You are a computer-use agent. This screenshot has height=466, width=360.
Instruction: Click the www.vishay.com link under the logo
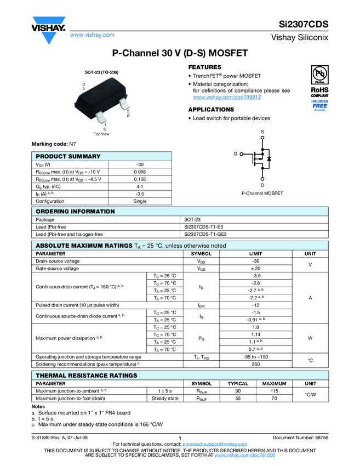tap(92, 35)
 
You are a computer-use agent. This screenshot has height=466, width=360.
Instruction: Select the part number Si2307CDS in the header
tap(302, 25)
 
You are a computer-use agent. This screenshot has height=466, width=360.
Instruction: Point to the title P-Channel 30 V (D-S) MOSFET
tap(180, 54)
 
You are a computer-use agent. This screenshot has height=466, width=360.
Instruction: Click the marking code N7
tap(72, 144)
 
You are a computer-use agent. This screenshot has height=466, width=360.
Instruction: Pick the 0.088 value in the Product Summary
tap(140, 172)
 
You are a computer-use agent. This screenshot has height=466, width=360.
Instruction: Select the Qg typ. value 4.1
tap(140, 186)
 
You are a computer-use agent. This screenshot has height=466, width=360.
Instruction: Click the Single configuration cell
tap(140, 201)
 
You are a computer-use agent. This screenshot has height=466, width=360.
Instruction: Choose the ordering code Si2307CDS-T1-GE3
tap(205, 234)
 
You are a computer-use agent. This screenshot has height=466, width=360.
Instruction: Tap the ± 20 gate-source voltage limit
tap(256, 269)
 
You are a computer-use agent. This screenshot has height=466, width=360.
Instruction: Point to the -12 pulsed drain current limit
tap(256, 305)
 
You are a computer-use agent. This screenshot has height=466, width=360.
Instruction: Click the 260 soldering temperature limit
tap(256, 363)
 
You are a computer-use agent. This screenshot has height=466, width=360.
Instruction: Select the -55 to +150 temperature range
tap(256, 356)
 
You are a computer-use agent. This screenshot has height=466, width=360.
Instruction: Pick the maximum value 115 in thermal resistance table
tap(275, 391)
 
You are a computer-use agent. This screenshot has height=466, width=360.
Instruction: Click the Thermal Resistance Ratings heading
tap(87, 376)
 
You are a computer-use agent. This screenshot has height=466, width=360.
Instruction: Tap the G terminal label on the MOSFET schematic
tap(235, 154)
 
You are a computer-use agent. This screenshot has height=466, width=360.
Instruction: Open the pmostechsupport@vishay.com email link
tap(212, 444)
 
